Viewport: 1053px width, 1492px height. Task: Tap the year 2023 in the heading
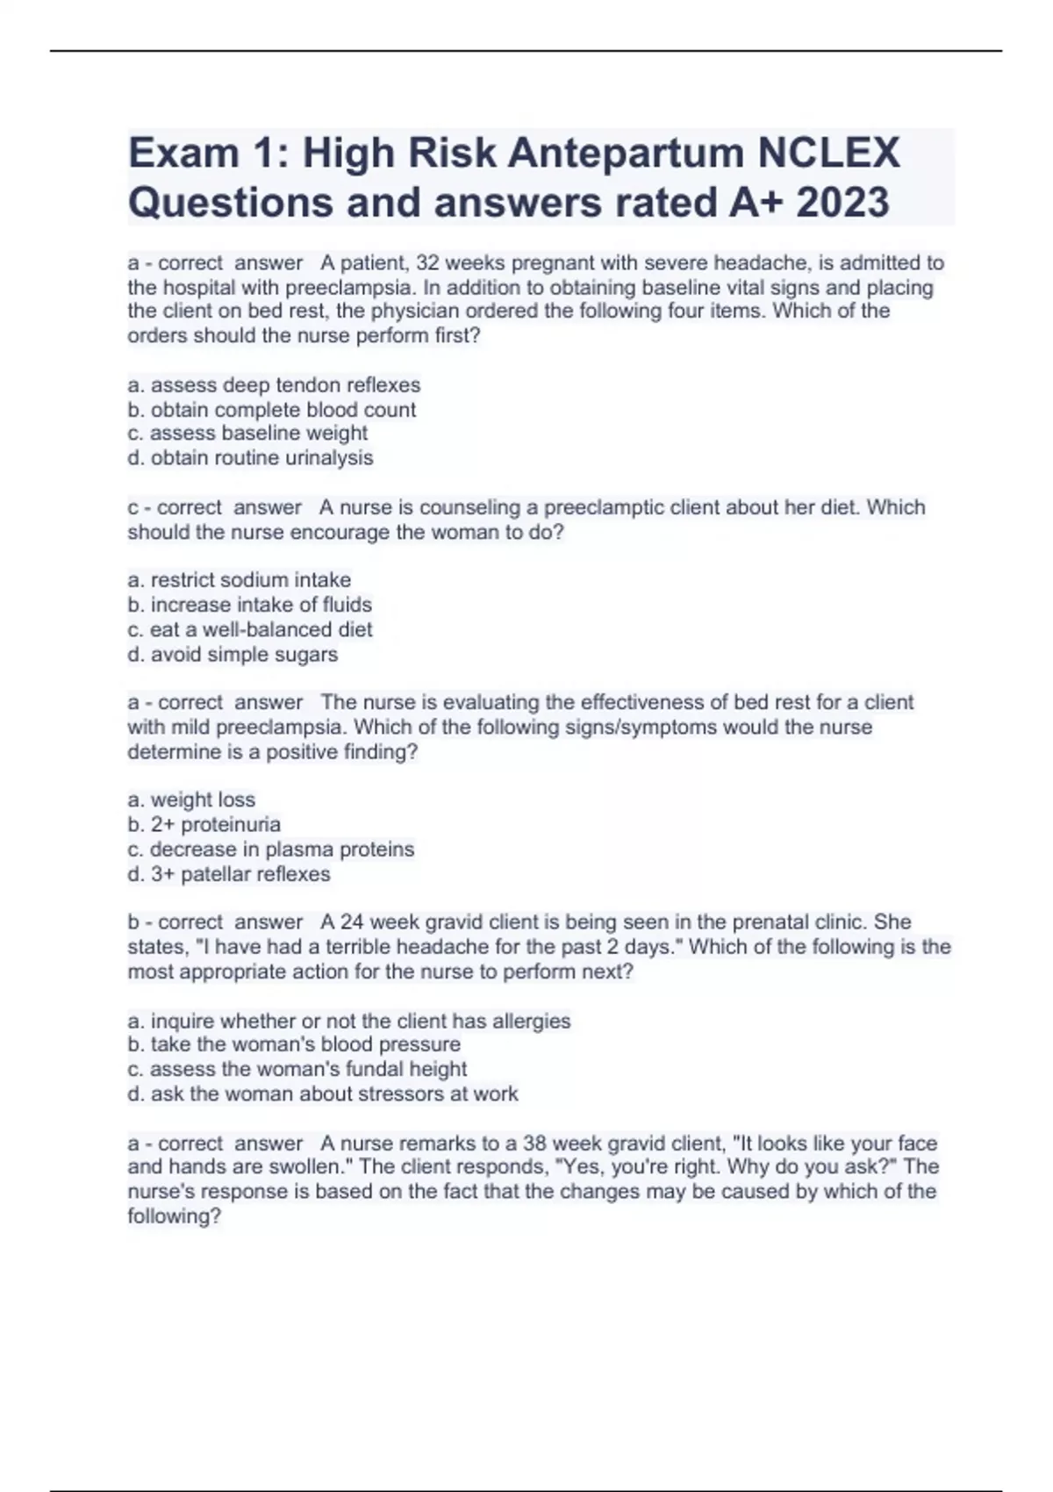[842, 203]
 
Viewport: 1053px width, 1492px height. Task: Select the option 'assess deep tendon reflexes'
[274, 385]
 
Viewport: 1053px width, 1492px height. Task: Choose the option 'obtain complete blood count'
[272, 410]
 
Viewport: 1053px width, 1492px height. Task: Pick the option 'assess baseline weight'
[247, 434]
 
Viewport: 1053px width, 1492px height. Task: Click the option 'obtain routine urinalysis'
[250, 458]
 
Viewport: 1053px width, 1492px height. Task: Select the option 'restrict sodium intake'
[239, 580]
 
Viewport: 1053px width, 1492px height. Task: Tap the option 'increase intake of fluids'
[249, 605]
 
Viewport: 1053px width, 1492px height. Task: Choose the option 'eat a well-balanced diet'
[250, 629]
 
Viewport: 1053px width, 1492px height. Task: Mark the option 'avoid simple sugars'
[233, 655]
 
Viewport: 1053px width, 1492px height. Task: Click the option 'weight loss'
[191, 800]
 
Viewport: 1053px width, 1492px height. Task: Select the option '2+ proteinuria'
[204, 824]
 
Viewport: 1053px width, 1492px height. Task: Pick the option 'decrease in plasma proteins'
[270, 850]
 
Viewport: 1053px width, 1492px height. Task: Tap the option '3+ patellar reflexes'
[228, 874]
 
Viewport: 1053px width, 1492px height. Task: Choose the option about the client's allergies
[349, 1021]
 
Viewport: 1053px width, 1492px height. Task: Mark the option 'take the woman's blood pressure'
[294, 1044]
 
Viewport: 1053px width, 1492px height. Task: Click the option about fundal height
[297, 1069]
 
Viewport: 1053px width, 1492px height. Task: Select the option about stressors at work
[323, 1094]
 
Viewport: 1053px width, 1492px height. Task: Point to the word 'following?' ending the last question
[174, 1216]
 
